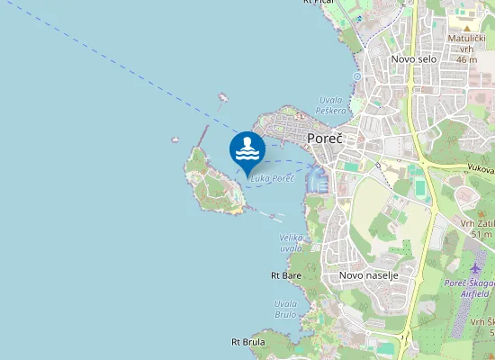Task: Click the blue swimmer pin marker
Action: [x=247, y=150]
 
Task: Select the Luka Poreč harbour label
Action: [x=273, y=179]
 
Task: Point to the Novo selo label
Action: [x=414, y=58]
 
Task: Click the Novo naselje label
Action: [x=368, y=274]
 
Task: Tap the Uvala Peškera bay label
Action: [x=331, y=104]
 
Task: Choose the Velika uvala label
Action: [x=291, y=242]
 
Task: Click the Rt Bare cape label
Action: [x=286, y=274]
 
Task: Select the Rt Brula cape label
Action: [x=247, y=342]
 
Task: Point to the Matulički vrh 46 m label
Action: [x=466, y=49]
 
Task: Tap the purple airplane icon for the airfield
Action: [x=477, y=268]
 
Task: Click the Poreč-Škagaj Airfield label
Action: [x=468, y=288]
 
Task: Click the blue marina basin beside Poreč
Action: [x=317, y=180]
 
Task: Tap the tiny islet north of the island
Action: [x=222, y=97]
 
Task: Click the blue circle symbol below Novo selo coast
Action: [x=356, y=77]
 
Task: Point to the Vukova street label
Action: [x=480, y=167]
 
